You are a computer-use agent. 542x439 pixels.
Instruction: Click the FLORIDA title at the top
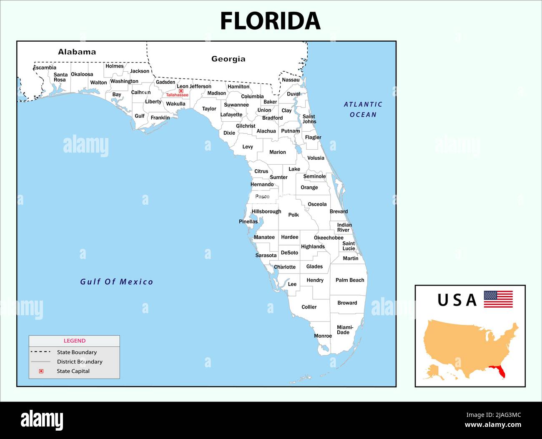270,21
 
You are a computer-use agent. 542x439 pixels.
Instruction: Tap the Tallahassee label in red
177,95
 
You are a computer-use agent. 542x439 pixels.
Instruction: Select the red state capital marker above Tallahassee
181,91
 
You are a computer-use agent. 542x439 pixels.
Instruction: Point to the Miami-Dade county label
344,330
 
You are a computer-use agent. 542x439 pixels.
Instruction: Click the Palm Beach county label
350,280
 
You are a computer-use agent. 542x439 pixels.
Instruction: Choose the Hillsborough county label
266,211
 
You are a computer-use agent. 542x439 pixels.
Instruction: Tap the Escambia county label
45,68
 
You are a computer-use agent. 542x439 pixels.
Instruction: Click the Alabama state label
77,52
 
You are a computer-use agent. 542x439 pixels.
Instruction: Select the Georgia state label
228,59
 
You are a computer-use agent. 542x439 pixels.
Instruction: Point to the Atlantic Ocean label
363,110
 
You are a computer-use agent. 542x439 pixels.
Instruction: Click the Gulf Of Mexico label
116,282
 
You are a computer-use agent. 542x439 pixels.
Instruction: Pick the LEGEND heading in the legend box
74,341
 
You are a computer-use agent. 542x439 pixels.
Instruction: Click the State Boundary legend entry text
77,352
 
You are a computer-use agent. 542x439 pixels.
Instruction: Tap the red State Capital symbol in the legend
41,371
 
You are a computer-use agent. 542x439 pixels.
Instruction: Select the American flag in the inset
498,299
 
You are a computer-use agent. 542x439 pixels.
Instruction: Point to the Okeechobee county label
329,238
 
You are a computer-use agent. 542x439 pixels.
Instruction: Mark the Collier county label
309,307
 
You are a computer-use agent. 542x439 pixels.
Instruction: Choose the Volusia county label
316,158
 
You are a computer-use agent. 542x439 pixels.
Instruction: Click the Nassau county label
291,80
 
